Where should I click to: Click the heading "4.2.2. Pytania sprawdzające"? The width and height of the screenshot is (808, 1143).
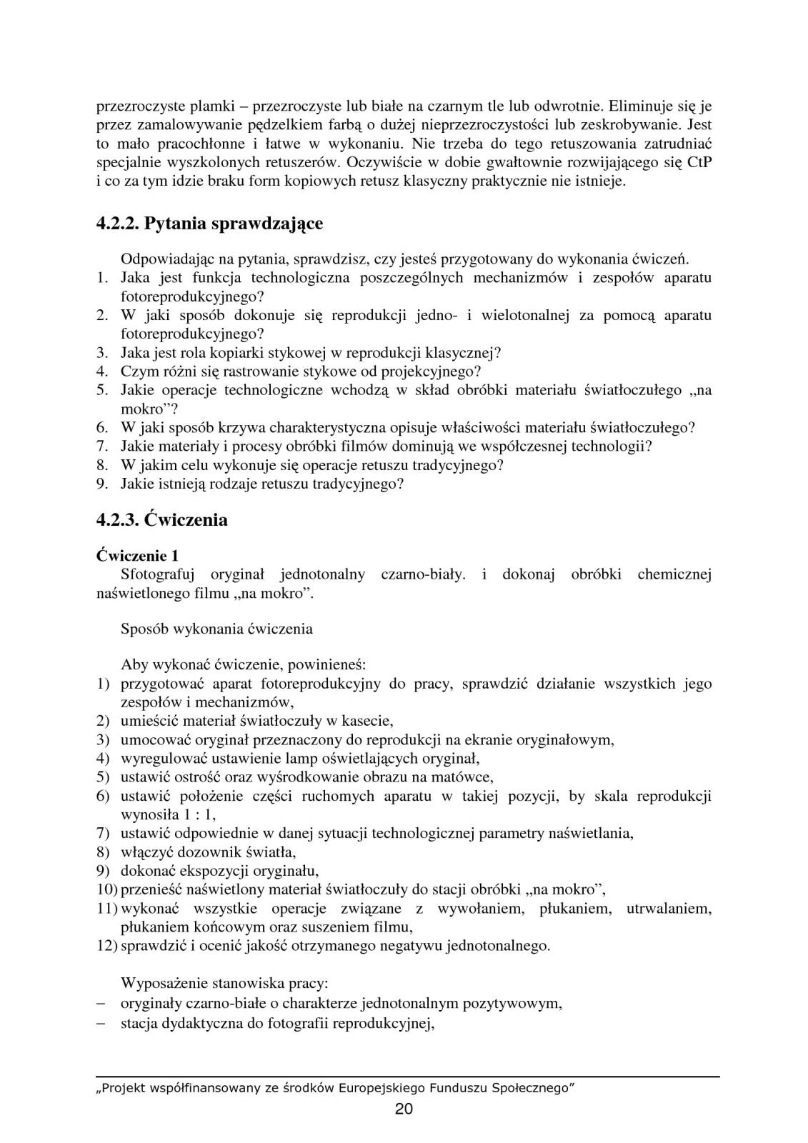point(209,224)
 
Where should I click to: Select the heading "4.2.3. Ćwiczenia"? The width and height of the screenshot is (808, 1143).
point(162,519)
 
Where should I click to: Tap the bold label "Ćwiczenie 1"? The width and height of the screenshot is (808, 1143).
point(137,555)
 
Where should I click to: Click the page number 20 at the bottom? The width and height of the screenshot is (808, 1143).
point(404,1109)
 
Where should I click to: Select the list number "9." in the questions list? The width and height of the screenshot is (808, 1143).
point(102,484)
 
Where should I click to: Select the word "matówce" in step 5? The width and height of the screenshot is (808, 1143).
point(467,777)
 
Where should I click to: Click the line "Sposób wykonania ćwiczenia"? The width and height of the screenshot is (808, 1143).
point(216,629)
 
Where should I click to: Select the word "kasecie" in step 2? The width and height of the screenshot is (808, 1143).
point(367,720)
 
